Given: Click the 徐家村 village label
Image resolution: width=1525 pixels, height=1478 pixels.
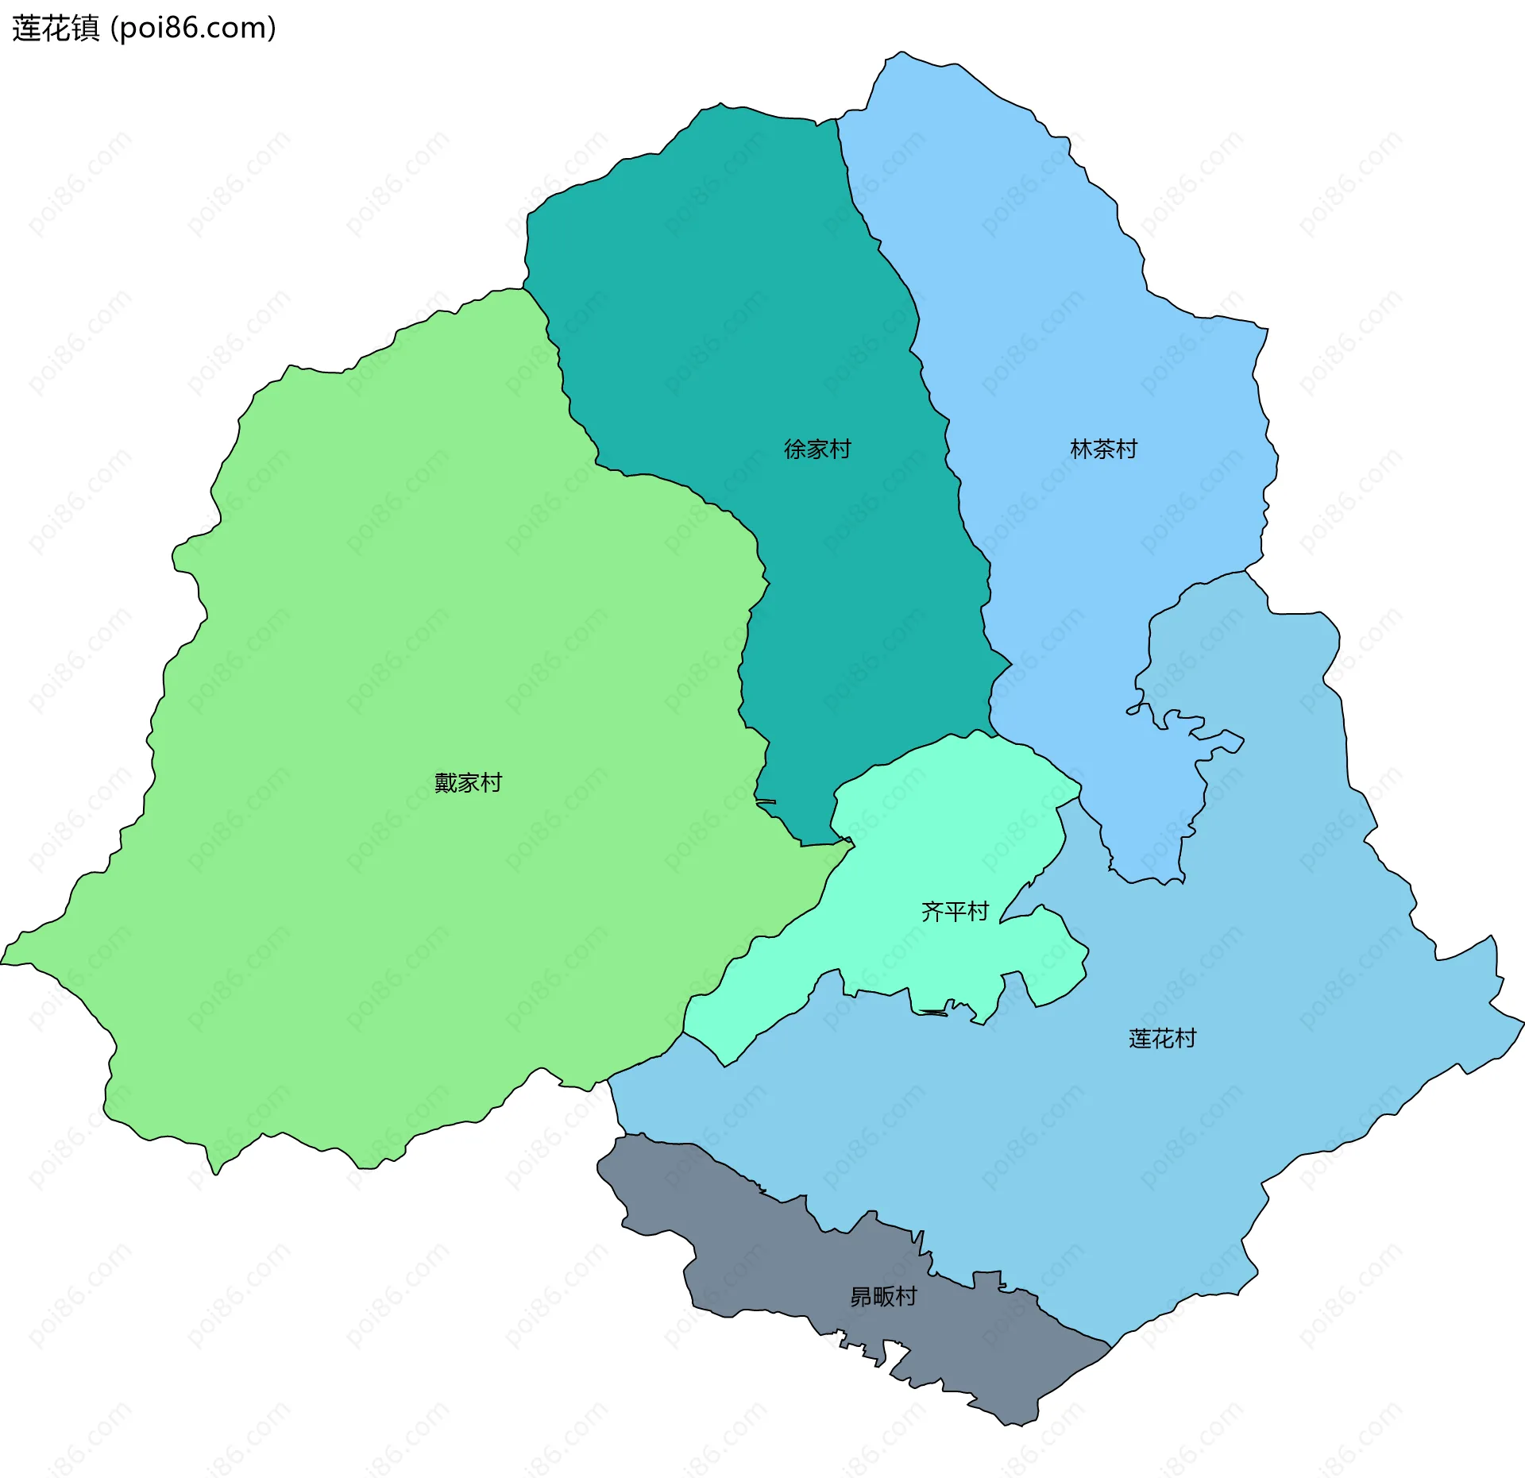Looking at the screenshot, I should [817, 450].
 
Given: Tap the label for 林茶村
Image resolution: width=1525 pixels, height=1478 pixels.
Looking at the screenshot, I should [1103, 450].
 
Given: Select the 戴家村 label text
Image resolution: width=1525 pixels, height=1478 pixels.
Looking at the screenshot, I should [468, 783].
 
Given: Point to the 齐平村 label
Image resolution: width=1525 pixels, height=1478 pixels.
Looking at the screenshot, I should [955, 911].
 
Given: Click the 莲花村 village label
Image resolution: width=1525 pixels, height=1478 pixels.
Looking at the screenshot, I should [1162, 1039].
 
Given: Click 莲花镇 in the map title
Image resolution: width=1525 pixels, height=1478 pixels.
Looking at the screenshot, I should [56, 28].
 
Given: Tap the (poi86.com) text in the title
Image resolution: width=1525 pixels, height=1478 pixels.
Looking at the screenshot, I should [193, 28].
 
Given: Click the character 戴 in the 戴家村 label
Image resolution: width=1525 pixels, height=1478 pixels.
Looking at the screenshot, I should [446, 783].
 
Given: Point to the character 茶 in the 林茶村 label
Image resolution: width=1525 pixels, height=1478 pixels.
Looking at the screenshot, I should [1103, 450].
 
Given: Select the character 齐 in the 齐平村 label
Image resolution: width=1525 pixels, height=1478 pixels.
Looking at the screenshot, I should [932, 911].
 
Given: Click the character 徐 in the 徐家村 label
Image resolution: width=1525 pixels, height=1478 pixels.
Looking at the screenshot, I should [794, 450].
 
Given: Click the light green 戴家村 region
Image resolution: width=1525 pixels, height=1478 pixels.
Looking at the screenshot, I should [397, 635].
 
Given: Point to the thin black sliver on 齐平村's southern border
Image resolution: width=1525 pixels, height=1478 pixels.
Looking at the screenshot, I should [934, 1013].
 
